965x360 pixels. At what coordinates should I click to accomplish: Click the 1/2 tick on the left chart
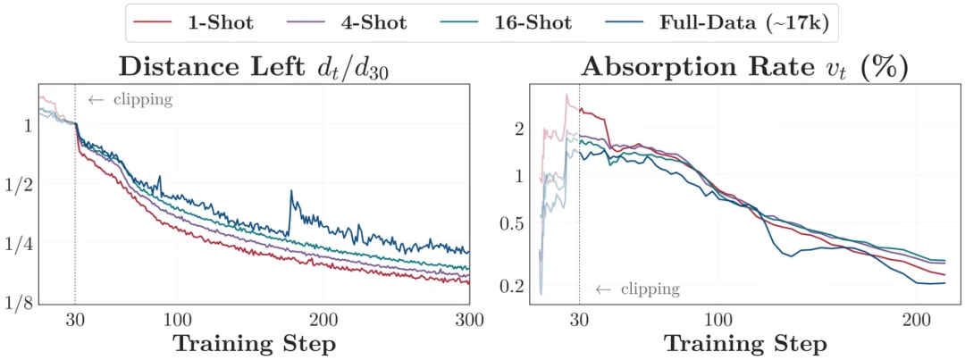point(21,184)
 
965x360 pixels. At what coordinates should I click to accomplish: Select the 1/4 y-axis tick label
point(21,244)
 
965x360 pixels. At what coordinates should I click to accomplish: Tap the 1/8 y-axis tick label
point(21,304)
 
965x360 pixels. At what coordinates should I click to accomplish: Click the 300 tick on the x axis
point(469,321)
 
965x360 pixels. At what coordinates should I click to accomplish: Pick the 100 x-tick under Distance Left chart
point(177,321)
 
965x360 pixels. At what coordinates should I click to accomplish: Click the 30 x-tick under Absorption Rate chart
point(579,321)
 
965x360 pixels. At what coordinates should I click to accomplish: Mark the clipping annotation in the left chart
point(130,99)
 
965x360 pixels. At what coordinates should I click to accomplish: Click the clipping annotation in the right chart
point(638,289)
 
